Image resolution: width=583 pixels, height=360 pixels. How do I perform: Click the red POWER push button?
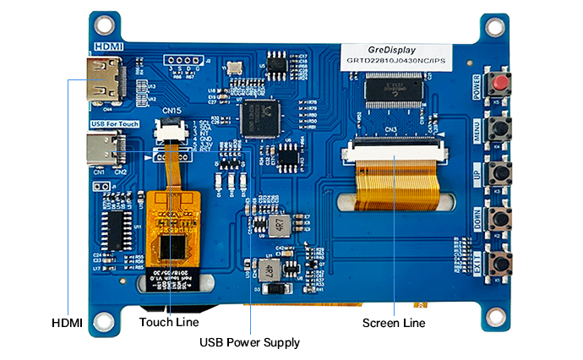pyautogui.click(x=502, y=85)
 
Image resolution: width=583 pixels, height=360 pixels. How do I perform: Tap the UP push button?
pyautogui.click(x=502, y=173)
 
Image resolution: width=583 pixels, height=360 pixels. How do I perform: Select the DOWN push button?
pyautogui.click(x=502, y=217)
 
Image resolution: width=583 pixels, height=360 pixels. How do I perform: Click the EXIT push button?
pyautogui.click(x=502, y=261)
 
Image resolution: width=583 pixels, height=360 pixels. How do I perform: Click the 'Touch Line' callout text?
pyautogui.click(x=169, y=322)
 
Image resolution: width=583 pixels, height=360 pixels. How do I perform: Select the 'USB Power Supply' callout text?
pyautogui.click(x=249, y=342)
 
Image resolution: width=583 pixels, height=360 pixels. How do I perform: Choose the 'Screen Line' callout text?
pyautogui.click(x=394, y=323)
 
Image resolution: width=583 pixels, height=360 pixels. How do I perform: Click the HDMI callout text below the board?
pyautogui.click(x=68, y=322)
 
